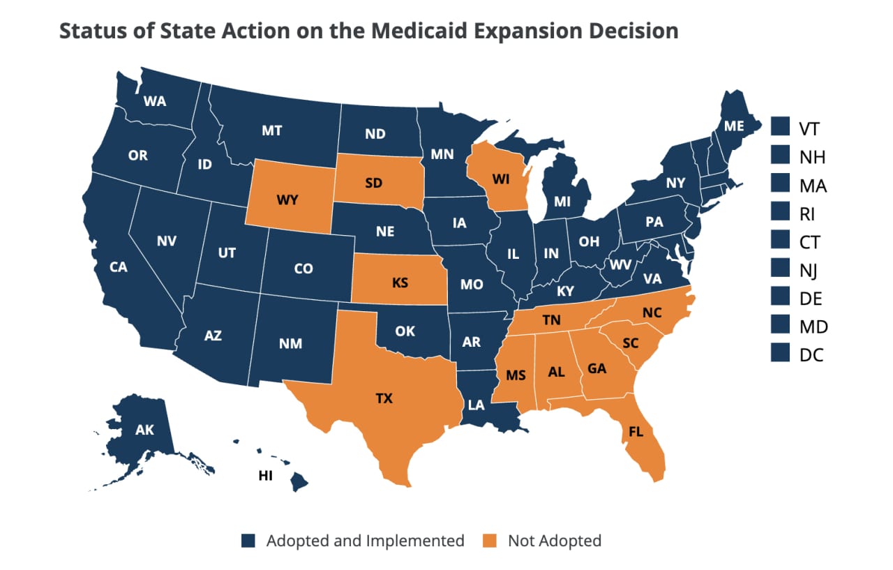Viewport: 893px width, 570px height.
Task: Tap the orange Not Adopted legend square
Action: coord(492,541)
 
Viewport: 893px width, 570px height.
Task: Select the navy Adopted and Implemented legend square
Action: coord(249,541)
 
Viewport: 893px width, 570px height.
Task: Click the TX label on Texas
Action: coord(384,399)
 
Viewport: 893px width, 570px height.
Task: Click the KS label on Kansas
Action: coord(400,284)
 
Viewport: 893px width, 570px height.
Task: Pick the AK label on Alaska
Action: coord(144,430)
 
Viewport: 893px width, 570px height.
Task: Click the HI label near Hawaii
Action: coord(265,476)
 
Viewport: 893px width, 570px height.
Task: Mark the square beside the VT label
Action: coord(780,128)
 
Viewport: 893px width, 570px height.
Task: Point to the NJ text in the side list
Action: coord(811,269)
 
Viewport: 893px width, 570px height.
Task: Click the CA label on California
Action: coord(118,267)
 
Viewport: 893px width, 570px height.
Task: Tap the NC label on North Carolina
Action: coord(652,313)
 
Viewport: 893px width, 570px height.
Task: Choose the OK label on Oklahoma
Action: coord(405,331)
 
